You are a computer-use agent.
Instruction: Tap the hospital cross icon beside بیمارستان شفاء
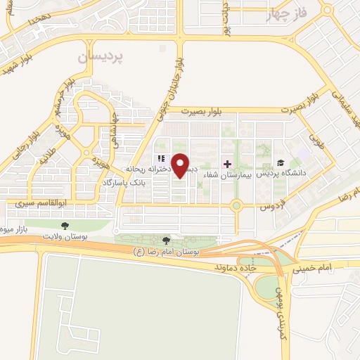click(227, 164)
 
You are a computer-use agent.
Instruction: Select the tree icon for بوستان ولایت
click(65, 226)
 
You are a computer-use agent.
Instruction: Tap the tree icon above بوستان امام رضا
click(167, 240)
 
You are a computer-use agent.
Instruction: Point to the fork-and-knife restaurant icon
click(160, 159)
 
